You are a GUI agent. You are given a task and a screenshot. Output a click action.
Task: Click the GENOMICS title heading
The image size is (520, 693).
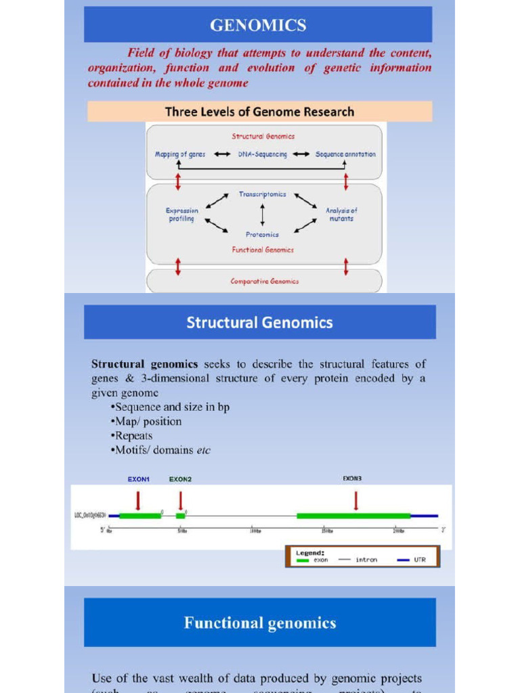(x=258, y=26)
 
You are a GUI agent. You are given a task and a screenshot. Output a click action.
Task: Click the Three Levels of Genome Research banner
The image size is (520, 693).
(x=259, y=112)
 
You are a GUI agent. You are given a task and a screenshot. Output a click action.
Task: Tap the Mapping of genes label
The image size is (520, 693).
(x=180, y=154)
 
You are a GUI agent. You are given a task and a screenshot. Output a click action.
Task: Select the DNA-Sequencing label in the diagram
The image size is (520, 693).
(x=263, y=154)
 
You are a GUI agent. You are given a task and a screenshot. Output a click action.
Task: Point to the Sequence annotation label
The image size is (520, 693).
(x=345, y=154)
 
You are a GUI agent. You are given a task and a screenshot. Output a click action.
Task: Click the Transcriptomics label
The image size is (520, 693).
(x=263, y=194)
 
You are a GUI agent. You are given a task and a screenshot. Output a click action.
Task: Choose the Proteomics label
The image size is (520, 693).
(x=263, y=235)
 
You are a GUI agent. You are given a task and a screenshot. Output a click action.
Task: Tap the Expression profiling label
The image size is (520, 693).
(x=182, y=215)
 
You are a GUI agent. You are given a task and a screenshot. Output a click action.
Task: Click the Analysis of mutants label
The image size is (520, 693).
(x=341, y=215)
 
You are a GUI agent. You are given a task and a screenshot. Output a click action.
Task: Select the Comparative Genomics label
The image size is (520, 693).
(x=264, y=282)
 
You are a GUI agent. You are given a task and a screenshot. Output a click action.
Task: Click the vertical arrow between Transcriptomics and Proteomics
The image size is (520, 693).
(x=263, y=215)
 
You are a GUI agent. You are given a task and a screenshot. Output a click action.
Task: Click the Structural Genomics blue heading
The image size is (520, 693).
(x=259, y=322)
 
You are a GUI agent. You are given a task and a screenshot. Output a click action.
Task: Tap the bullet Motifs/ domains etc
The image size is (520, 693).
(x=162, y=450)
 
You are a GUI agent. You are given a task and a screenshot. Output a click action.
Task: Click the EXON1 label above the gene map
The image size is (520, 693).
(x=139, y=479)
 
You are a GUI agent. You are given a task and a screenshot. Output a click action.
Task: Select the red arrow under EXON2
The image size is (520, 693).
(x=180, y=501)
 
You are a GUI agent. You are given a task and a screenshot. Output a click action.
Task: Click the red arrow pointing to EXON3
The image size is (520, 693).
(x=356, y=501)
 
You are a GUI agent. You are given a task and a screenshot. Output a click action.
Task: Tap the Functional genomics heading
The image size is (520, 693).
(x=259, y=623)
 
